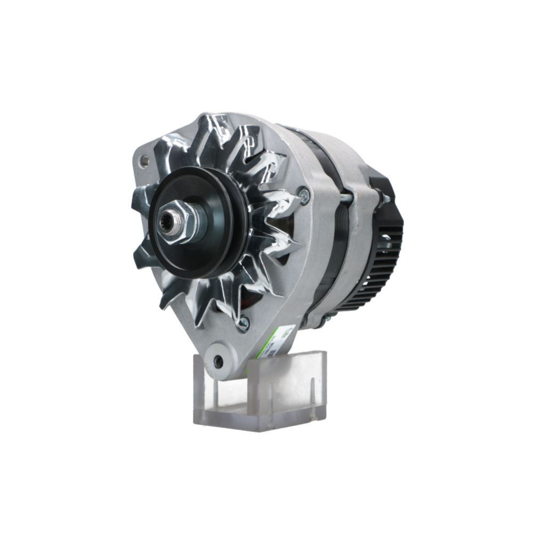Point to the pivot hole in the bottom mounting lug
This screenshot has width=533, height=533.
point(219,362)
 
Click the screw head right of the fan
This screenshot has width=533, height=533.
point(304,195)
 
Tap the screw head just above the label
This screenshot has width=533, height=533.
point(244,321)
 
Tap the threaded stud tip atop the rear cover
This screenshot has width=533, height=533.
point(385,198)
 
